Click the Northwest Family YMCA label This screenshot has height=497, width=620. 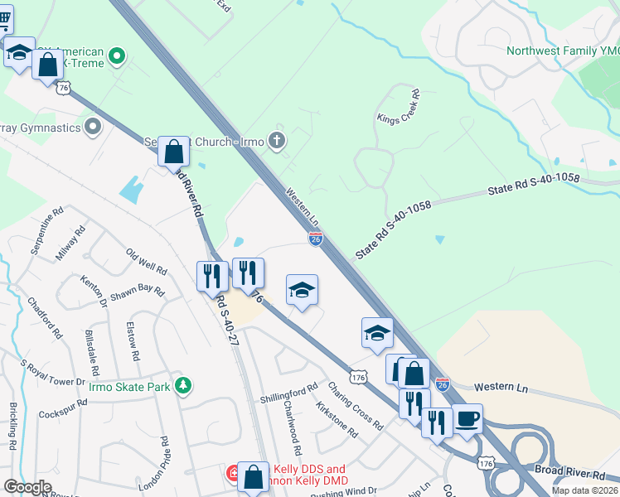[563, 51]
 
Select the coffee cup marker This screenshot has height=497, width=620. [467, 418]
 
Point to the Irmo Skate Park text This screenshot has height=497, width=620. [130, 387]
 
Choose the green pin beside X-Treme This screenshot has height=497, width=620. [118, 57]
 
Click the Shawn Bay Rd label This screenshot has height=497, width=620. [137, 289]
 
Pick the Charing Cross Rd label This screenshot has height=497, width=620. [355, 405]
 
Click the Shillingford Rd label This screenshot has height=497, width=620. [289, 388]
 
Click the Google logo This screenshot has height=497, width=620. [27, 487]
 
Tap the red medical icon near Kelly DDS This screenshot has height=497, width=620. [235, 473]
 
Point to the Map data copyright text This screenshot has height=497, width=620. [584, 490]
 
